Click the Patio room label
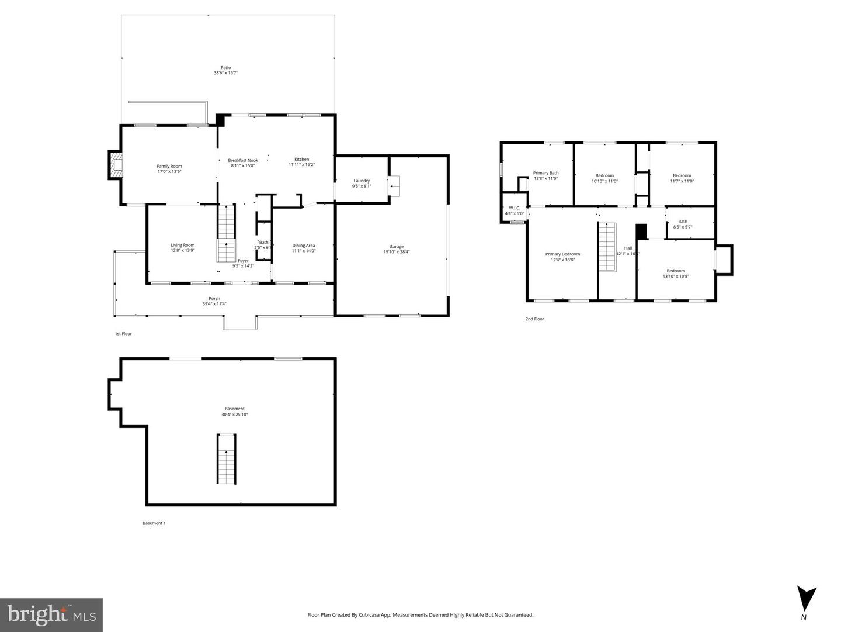[225, 68]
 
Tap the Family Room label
[169, 167]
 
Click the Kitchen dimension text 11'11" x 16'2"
[301, 165]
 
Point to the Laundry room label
[362, 181]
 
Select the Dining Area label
[303, 246]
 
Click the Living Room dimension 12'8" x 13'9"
[182, 250]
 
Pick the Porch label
[214, 299]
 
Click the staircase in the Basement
[227, 458]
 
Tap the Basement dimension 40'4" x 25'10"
[234, 415]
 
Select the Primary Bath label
[545, 173]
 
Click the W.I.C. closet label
[515, 208]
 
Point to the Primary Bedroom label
[562, 254]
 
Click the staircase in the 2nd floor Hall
[607, 247]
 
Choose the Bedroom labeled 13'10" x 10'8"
[676, 273]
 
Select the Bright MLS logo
[51, 614]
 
